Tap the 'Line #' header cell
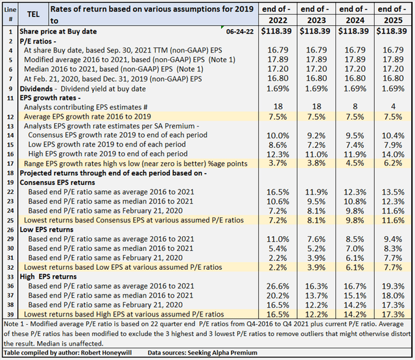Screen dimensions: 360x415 pos(10,13)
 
